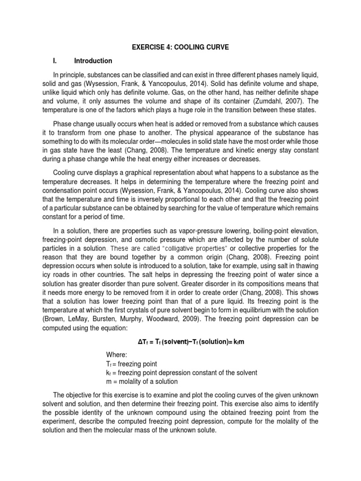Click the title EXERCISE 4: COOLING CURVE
[180, 47]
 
